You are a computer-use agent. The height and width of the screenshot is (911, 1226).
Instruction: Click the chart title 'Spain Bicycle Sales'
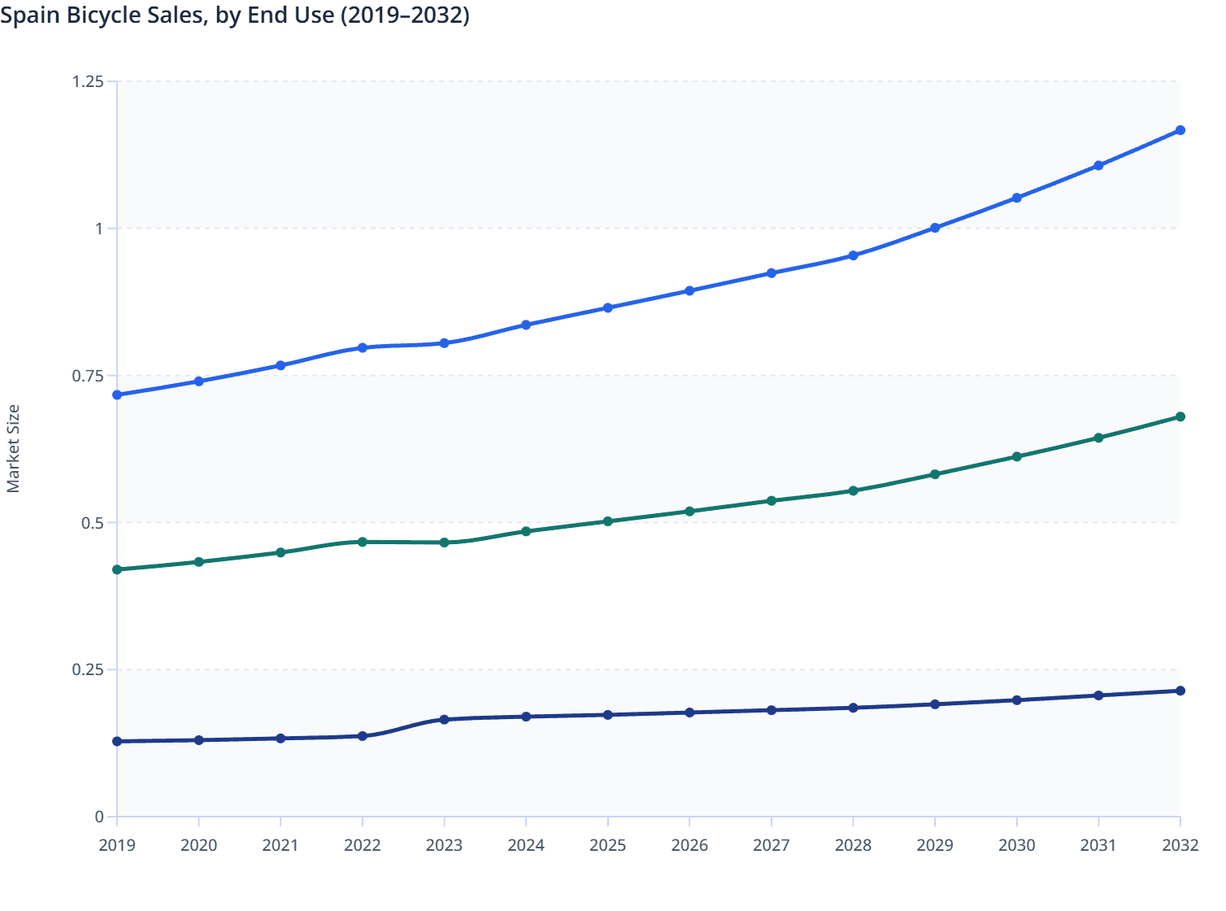(235, 15)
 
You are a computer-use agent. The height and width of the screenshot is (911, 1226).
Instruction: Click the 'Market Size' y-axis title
(13, 449)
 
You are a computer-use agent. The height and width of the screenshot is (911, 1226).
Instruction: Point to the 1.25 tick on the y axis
(88, 81)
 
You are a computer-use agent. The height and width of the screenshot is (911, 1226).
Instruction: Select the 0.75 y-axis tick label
(88, 376)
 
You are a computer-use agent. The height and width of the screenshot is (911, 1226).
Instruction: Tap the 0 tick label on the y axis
(99, 817)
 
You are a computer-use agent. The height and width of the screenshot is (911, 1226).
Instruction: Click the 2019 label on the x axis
(117, 845)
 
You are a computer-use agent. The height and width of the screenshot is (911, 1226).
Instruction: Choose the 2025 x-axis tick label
(607, 845)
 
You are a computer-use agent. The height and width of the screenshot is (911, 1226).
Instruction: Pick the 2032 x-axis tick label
(1180, 845)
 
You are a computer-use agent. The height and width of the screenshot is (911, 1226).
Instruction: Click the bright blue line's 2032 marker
(1180, 130)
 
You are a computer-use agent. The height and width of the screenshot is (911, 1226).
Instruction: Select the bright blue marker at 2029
(935, 228)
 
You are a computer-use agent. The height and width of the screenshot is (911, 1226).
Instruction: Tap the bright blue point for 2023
(444, 343)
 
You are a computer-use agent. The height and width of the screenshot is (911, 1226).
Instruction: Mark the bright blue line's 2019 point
(117, 394)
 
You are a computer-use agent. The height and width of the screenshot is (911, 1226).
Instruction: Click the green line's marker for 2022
(363, 542)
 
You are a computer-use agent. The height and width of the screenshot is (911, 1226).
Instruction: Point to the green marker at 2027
(772, 501)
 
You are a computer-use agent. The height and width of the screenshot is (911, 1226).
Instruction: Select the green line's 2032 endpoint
(1180, 416)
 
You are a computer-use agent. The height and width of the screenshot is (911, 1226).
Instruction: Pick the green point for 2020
(198, 562)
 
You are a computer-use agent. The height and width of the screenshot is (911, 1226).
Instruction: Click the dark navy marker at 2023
(444, 720)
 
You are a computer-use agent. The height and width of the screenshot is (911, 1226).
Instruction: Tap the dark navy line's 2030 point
(1016, 700)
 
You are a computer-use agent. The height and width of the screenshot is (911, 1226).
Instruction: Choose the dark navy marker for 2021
(280, 739)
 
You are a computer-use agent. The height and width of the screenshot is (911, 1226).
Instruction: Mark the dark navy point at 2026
(689, 713)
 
